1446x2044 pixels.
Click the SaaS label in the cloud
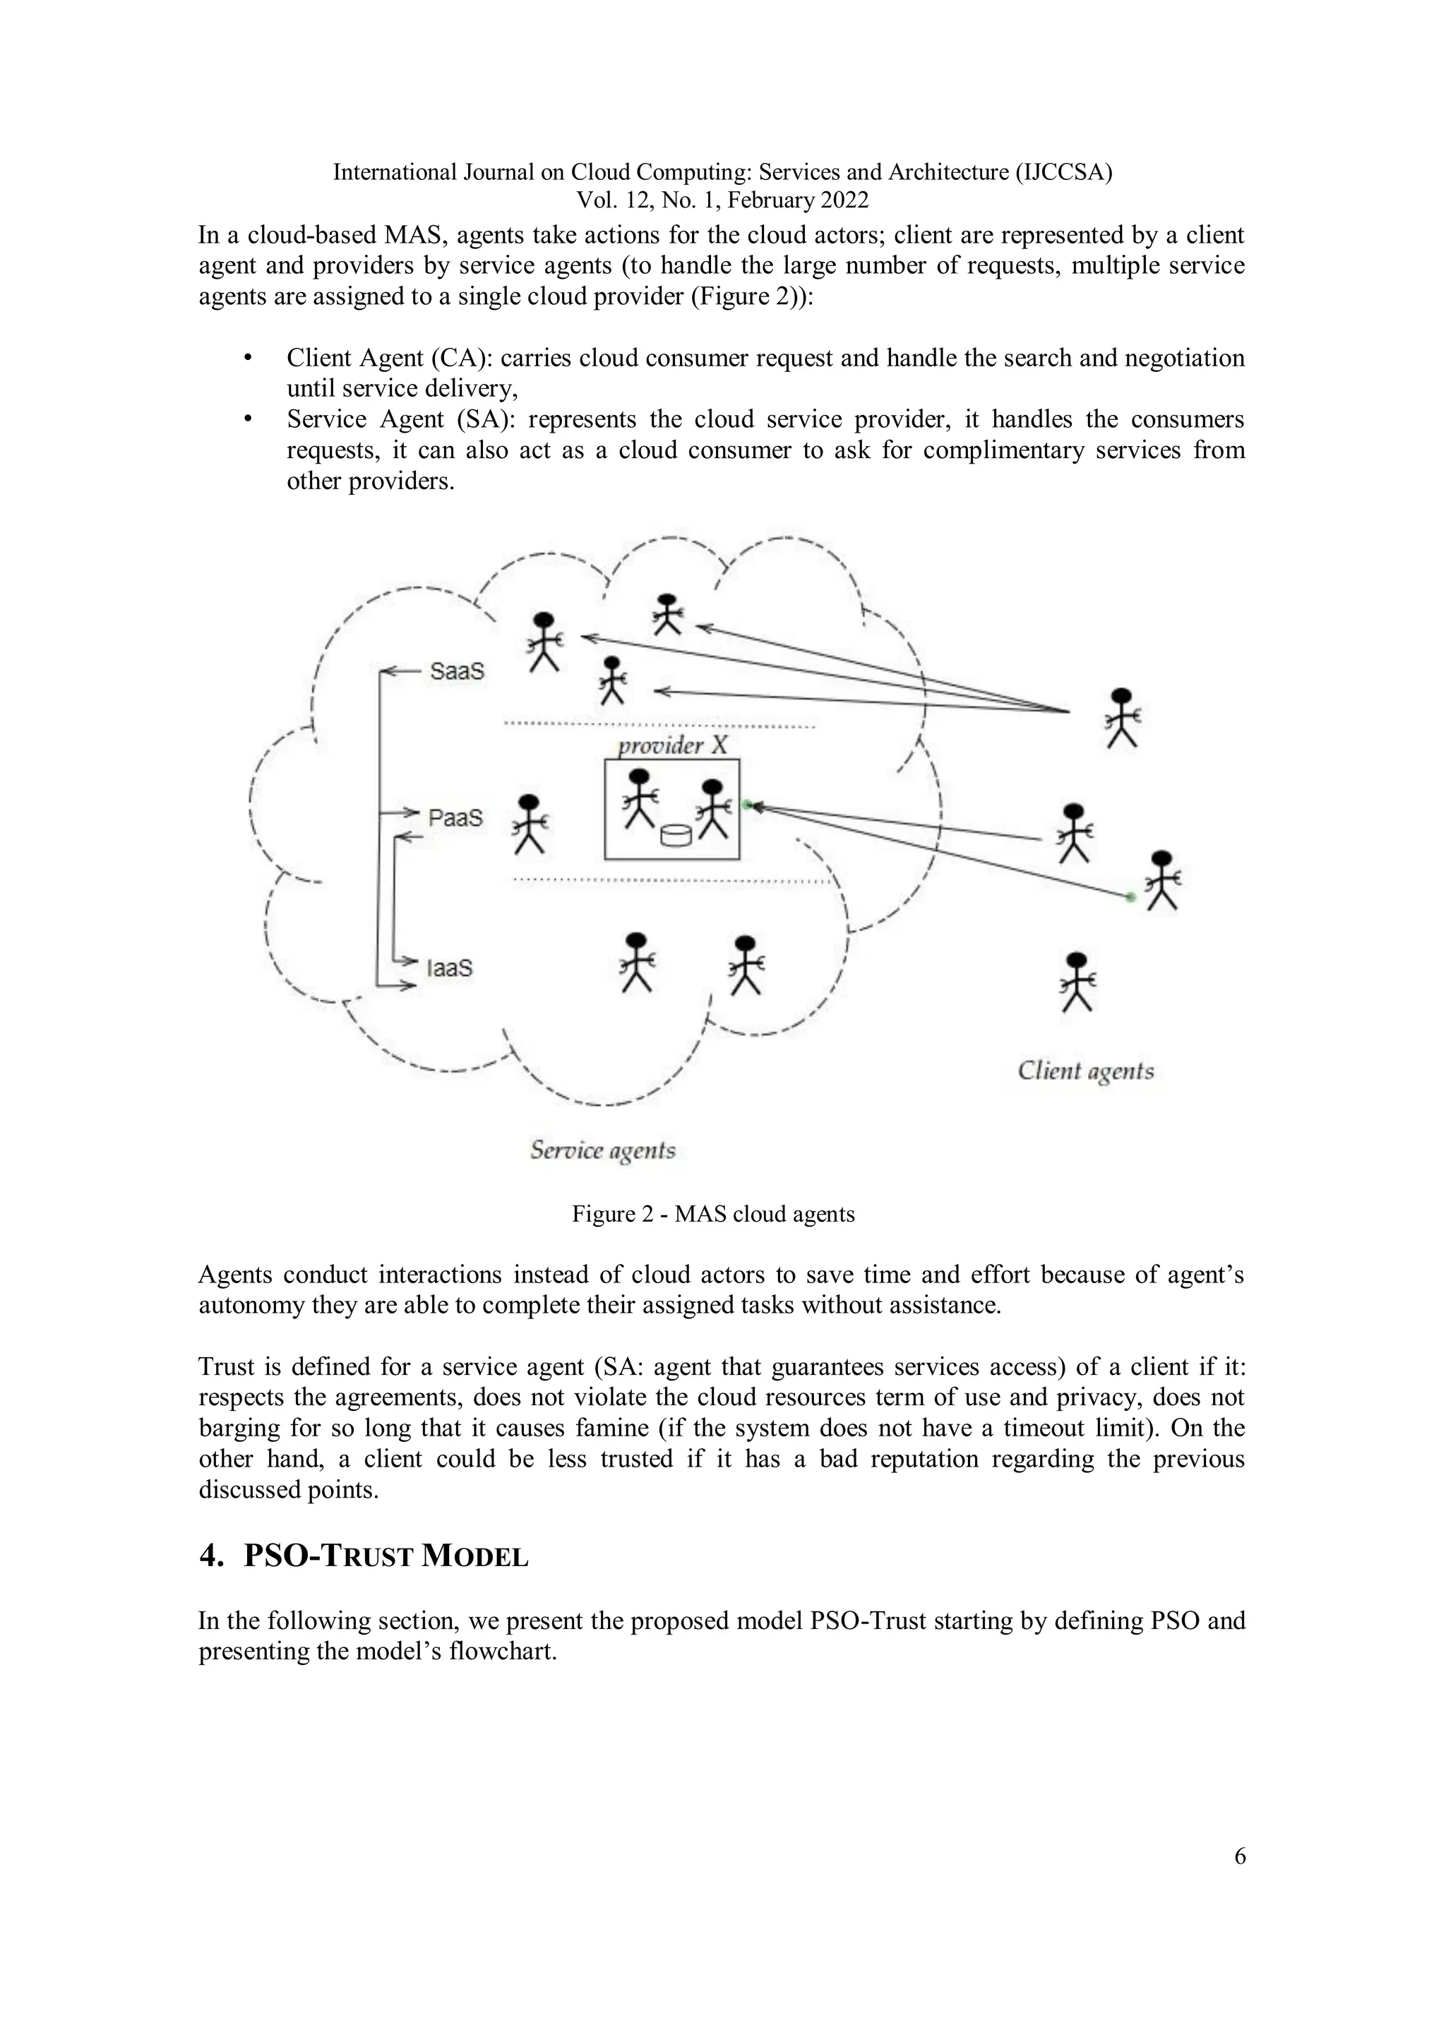click(x=457, y=671)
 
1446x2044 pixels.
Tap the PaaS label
click(x=455, y=817)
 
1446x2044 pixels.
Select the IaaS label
click(x=450, y=968)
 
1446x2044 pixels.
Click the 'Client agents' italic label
click(x=1085, y=1071)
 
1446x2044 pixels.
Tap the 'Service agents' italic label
click(x=603, y=1150)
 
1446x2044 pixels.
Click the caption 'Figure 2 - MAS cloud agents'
click(x=713, y=1214)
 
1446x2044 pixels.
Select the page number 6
click(x=1239, y=1856)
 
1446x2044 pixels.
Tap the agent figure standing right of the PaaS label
click(x=530, y=824)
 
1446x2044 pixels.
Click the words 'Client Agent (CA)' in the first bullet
click(x=389, y=358)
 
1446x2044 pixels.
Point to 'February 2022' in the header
click(x=797, y=200)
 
